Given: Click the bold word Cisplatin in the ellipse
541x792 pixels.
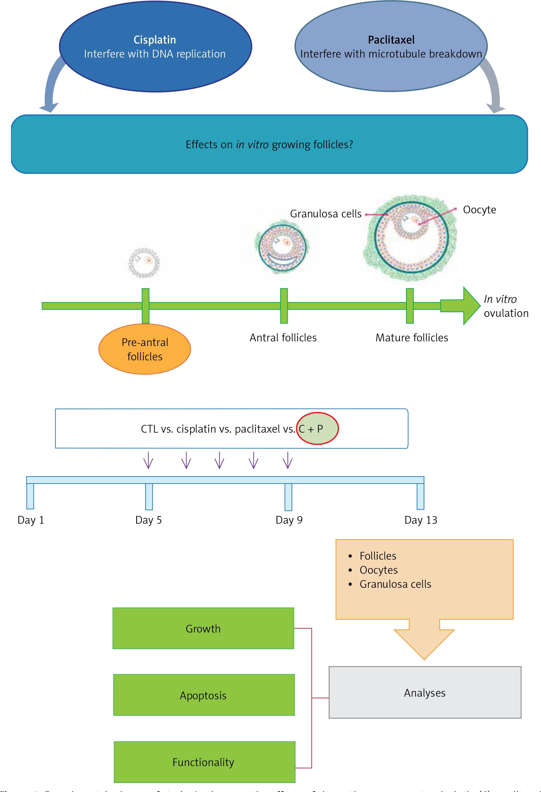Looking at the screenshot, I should (x=155, y=40).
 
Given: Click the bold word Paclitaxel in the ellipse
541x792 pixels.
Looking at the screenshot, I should (x=391, y=40).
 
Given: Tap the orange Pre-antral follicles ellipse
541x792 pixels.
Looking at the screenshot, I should (x=145, y=349).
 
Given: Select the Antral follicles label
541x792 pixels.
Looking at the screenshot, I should (x=283, y=338).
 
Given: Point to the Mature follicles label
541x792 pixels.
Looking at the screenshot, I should (x=412, y=338).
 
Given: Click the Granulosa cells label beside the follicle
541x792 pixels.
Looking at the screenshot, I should (x=326, y=214).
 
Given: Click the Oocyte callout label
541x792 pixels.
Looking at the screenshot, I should (x=479, y=209).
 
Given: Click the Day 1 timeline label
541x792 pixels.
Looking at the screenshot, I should (x=31, y=520).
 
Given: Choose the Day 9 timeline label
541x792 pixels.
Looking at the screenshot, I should (x=289, y=520).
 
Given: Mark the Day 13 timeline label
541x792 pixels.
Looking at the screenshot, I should (x=421, y=520).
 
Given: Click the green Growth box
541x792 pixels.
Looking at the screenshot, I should (x=203, y=628).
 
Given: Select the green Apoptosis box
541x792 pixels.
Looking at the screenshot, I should (x=204, y=695).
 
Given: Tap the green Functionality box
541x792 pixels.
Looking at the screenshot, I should (x=204, y=762).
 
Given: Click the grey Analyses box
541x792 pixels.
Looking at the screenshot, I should (x=425, y=693).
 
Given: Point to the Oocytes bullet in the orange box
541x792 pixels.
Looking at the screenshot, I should (x=378, y=570).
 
